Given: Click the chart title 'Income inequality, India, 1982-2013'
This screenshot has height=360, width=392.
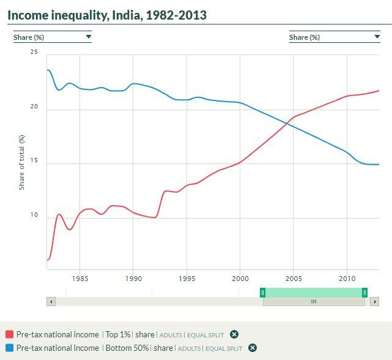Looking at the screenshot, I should coord(107,14).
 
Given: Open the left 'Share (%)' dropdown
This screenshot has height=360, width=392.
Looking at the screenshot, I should coord(53,37).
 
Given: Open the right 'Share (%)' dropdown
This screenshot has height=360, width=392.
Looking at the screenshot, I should coord(335,37).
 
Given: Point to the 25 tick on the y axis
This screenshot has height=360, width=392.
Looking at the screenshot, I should coord(34,53).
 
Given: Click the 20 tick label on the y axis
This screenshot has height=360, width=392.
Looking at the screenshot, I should coord(34,107).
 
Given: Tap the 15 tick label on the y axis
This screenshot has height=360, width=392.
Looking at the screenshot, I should coord(34,161).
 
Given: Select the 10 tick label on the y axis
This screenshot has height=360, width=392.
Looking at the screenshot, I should coord(34,216).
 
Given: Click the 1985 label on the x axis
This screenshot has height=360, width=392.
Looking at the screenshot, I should coord(80,279).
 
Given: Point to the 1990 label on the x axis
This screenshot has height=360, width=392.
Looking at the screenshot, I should coord(133,279).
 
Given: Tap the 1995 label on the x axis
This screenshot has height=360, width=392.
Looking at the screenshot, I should coord(187,279).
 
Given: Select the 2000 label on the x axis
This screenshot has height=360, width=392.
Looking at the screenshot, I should coord(240,279).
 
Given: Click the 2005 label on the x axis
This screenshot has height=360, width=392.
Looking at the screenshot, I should coord(294,279).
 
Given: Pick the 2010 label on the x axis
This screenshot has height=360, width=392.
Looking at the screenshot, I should coord(347,279).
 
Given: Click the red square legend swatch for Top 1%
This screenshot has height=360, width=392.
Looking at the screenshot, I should coord(9,335).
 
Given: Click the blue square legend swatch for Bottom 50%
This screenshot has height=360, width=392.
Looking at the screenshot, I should coord(9,348).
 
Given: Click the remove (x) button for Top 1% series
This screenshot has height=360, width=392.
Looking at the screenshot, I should coord(234,335).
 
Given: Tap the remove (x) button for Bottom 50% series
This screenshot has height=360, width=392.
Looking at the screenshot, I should coord(253,348).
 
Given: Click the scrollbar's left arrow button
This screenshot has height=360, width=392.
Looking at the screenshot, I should coord(51,301).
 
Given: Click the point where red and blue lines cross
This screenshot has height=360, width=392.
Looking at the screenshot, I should coord(287,122).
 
